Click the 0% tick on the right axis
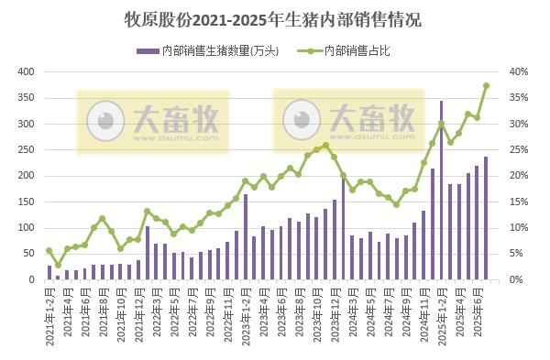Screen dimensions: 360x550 517,279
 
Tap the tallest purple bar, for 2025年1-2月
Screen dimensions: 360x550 441,191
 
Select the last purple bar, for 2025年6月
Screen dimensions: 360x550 486,218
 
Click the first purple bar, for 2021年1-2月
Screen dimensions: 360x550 49,272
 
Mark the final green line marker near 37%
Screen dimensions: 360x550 486,86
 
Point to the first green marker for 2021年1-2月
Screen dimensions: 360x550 49,250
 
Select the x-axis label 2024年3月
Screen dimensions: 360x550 352,311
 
